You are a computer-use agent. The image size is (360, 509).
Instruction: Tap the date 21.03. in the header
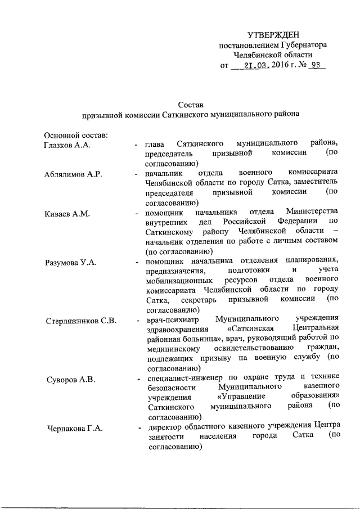pos(256,65)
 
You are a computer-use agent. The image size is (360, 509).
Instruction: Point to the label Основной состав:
pos(75,135)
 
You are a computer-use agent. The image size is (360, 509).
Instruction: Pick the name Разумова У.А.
pos(71,263)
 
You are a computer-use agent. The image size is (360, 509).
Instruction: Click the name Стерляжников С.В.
pos(80,321)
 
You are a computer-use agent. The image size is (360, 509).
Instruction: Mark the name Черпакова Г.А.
pos(73,429)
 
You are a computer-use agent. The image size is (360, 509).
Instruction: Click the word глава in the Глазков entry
pos(155,145)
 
